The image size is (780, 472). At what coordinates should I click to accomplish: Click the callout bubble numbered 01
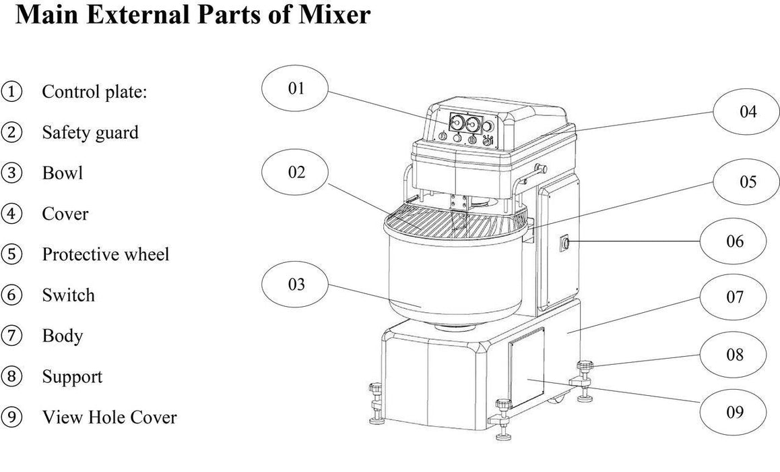click(296, 88)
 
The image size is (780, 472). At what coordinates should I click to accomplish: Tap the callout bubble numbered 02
click(296, 172)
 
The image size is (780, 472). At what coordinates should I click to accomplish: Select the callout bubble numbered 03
click(296, 284)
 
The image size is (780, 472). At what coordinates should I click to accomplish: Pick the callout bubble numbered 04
click(748, 111)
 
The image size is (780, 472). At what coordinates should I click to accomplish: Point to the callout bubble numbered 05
click(748, 182)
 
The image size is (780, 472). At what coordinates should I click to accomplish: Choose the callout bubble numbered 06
click(736, 240)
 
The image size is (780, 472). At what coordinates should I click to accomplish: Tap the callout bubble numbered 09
click(735, 411)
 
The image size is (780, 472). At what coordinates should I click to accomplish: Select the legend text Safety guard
click(90, 132)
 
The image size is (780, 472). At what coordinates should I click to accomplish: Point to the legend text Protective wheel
click(106, 254)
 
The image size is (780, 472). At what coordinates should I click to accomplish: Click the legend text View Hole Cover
click(109, 417)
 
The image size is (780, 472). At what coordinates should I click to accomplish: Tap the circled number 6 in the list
click(12, 295)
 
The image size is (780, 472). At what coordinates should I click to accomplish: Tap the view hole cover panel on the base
click(527, 370)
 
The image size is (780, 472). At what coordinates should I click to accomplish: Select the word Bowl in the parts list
click(63, 173)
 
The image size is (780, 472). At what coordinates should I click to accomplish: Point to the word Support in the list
click(72, 376)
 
